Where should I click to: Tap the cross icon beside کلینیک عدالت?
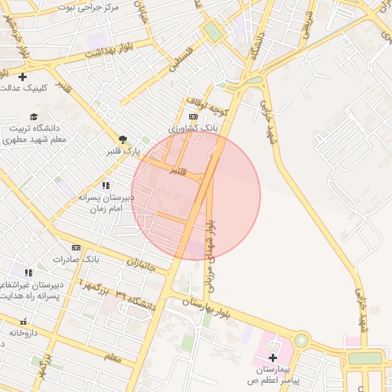click(22, 77)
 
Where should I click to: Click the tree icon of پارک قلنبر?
click(122, 139)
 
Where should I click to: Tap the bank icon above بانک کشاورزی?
click(192, 116)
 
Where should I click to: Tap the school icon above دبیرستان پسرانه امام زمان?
click(106, 185)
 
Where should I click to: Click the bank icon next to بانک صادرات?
click(76, 247)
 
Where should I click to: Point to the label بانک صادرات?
click(73, 259)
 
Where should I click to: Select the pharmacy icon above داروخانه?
click(23, 322)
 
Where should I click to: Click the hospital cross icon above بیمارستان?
click(273, 357)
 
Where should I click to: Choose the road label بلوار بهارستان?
click(216, 310)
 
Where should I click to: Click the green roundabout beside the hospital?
click(302, 340)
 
